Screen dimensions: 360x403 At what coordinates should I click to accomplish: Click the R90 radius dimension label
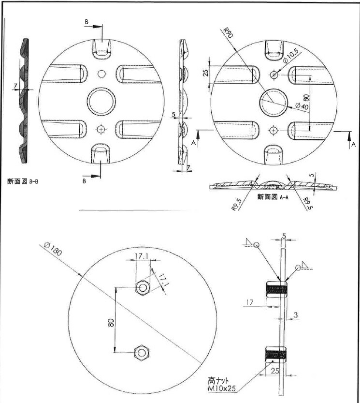[x=228, y=32]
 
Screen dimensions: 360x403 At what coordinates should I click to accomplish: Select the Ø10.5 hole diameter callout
[x=290, y=56]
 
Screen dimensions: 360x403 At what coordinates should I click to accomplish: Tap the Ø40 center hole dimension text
[x=302, y=106]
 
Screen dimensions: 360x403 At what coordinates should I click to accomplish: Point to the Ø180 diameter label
[x=53, y=249]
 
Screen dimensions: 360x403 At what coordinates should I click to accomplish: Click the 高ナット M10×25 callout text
[x=221, y=384]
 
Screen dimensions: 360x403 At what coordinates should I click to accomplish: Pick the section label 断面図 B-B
[x=23, y=181]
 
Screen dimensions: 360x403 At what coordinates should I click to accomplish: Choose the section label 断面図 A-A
[x=273, y=197]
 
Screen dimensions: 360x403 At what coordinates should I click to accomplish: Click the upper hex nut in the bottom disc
[x=143, y=288]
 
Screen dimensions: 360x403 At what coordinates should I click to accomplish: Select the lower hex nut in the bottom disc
[x=142, y=353]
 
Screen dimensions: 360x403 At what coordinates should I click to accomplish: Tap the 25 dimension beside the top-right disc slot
[x=206, y=73]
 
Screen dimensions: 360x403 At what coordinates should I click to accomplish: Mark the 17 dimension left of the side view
[x=249, y=302]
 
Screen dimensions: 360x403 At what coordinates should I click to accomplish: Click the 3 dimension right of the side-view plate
[x=296, y=315]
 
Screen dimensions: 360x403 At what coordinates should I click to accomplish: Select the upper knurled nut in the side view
[x=276, y=289]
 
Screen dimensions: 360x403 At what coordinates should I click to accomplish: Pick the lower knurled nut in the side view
[x=275, y=354]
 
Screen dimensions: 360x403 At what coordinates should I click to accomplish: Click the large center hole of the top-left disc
[x=101, y=101]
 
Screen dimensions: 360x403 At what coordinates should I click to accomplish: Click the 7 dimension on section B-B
[x=15, y=86]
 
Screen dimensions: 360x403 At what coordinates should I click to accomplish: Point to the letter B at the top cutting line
[x=86, y=22]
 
